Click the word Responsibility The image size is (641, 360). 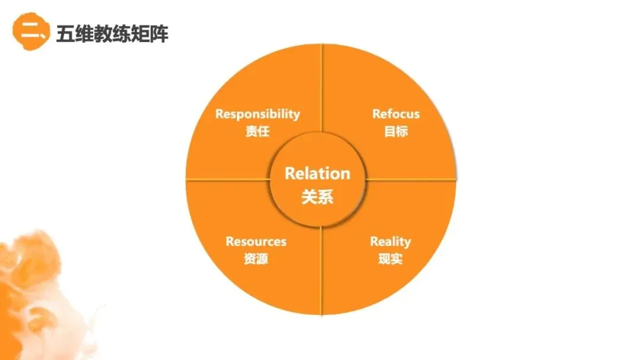[258, 114]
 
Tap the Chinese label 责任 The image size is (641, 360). [258, 131]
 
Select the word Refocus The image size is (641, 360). [396, 114]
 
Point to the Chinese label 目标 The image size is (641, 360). [396, 131]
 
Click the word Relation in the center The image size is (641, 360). [318, 173]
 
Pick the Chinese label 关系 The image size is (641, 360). [318, 196]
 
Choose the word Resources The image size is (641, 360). [256, 241]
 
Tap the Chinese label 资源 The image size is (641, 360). [256, 259]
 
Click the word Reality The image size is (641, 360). [391, 241]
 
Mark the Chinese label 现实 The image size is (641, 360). [391, 259]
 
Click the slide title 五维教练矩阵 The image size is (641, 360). [112, 34]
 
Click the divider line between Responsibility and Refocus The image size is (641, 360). [322, 89]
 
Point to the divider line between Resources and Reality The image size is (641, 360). [322, 273]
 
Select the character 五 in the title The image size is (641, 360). [65, 34]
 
